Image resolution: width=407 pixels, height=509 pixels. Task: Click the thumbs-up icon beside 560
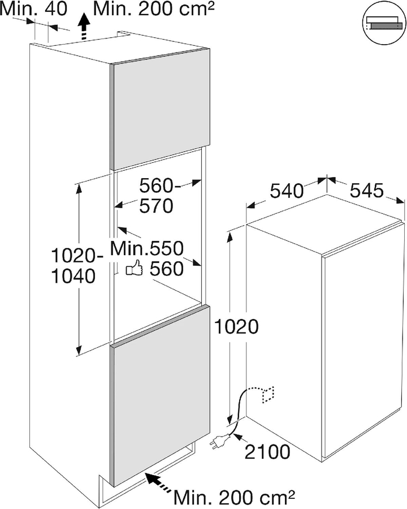coord(135,268)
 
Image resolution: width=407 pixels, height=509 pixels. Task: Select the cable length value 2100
coord(267,452)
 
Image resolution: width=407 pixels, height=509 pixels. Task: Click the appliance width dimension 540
coord(286,191)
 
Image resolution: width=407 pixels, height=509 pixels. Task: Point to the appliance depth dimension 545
coord(367,191)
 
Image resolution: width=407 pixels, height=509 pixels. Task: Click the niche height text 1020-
coord(77,256)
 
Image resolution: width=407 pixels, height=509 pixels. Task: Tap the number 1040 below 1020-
coord(73,276)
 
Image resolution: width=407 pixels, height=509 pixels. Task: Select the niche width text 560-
coord(161,186)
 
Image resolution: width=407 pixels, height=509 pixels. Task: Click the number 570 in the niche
coord(156,206)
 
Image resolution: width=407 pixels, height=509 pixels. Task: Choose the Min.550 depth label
coord(147,248)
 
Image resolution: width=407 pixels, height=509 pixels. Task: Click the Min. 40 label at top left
coord(33,8)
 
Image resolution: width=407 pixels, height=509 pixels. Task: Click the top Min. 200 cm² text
coord(154,8)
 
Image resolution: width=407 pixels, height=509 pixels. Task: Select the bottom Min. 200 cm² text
coord(235,497)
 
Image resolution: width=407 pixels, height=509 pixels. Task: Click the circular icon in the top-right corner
coord(384,25)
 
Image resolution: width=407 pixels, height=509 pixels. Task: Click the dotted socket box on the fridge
coord(268,394)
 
